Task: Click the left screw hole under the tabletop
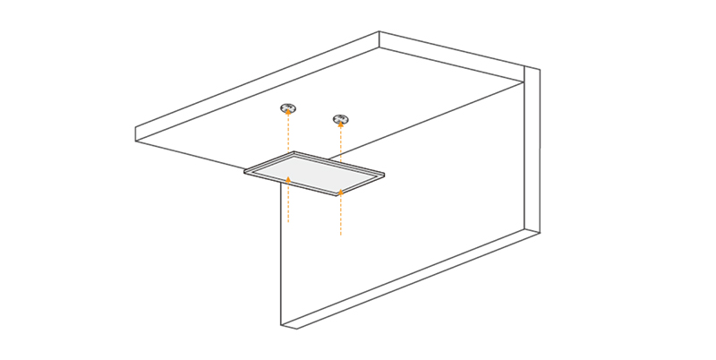point(287,108)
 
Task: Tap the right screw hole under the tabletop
point(340,119)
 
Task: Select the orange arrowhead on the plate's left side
point(287,179)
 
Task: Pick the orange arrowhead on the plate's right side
point(340,191)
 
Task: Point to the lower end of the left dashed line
point(287,221)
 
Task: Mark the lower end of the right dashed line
point(340,235)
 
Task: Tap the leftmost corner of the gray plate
point(245,170)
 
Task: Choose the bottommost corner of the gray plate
point(340,194)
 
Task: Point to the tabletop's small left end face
point(141,134)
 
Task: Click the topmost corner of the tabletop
point(379,33)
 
